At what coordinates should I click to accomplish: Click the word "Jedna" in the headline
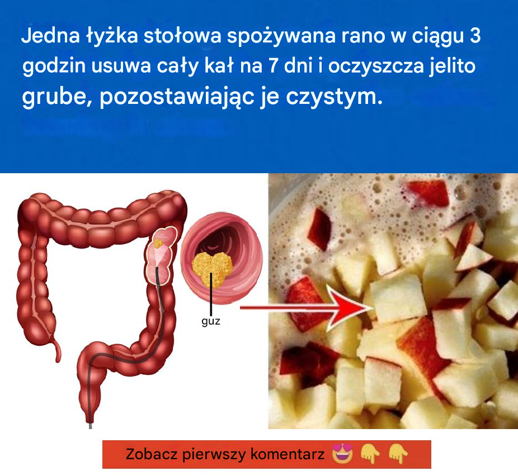(x=50, y=36)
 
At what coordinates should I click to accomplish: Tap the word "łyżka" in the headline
(x=112, y=36)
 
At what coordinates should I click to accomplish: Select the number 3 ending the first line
(x=475, y=35)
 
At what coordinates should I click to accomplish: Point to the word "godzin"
(x=54, y=66)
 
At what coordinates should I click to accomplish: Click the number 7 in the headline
(x=274, y=66)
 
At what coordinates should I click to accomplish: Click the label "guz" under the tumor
(x=211, y=321)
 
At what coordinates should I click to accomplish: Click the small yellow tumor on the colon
(x=158, y=244)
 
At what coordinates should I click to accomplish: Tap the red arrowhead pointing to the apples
(x=350, y=308)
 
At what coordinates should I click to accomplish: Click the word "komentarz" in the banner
(x=288, y=454)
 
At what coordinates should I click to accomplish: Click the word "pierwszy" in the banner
(x=214, y=455)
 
